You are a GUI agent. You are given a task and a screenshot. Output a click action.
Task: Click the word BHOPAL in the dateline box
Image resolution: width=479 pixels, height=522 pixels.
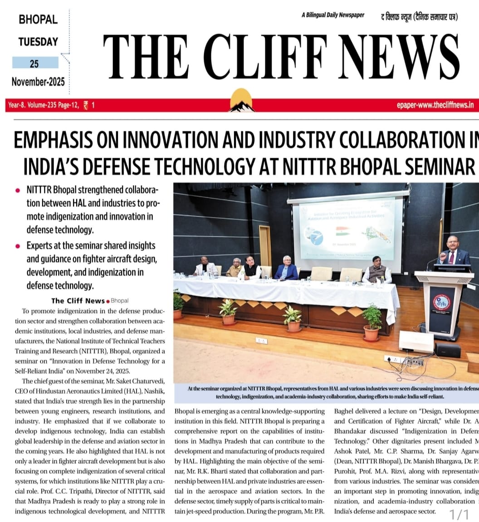[x=38, y=20]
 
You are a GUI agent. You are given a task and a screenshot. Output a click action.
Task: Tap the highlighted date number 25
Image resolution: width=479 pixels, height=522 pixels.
[x=34, y=63]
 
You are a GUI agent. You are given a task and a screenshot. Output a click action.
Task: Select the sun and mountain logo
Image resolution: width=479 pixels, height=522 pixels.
[x=241, y=100]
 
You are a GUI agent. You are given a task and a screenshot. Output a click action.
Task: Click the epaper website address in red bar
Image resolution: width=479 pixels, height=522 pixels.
[x=435, y=105]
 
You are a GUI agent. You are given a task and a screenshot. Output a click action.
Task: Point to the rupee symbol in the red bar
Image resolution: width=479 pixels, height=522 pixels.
[x=86, y=105]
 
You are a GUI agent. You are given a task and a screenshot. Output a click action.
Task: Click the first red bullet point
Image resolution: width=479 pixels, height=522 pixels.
[x=18, y=190]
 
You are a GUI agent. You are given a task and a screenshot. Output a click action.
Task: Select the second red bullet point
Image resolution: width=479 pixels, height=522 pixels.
[x=18, y=246]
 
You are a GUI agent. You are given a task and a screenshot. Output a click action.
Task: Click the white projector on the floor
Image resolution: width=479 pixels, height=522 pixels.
[x=415, y=341]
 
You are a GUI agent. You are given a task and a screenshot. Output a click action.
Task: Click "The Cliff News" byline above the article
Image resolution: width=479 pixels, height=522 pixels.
[x=78, y=301]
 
